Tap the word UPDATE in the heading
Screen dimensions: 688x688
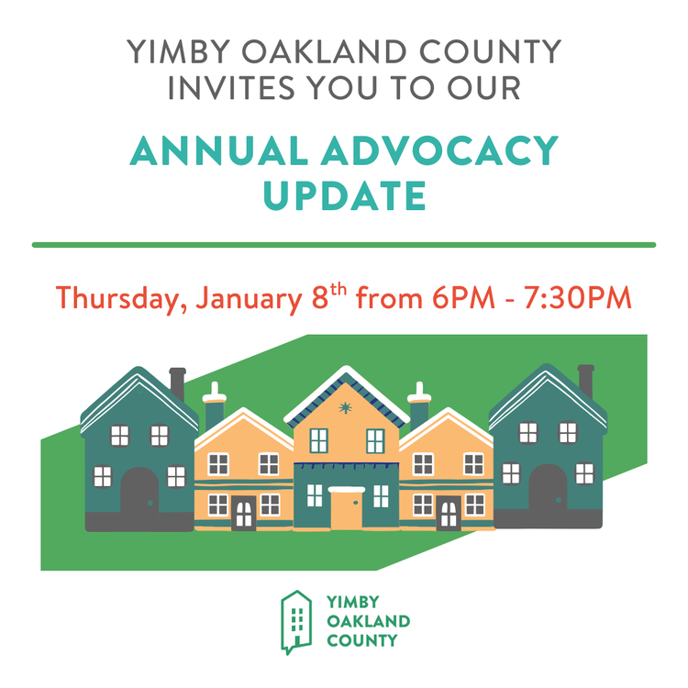(x=344, y=194)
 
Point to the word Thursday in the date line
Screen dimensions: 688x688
(x=119, y=298)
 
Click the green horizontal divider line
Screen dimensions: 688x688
(x=344, y=245)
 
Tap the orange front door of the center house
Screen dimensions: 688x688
(x=346, y=509)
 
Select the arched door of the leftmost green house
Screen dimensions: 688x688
(x=139, y=491)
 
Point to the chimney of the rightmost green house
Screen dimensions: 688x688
(x=585, y=378)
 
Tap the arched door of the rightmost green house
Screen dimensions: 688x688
(x=548, y=488)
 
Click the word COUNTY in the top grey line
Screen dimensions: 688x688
(x=496, y=51)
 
